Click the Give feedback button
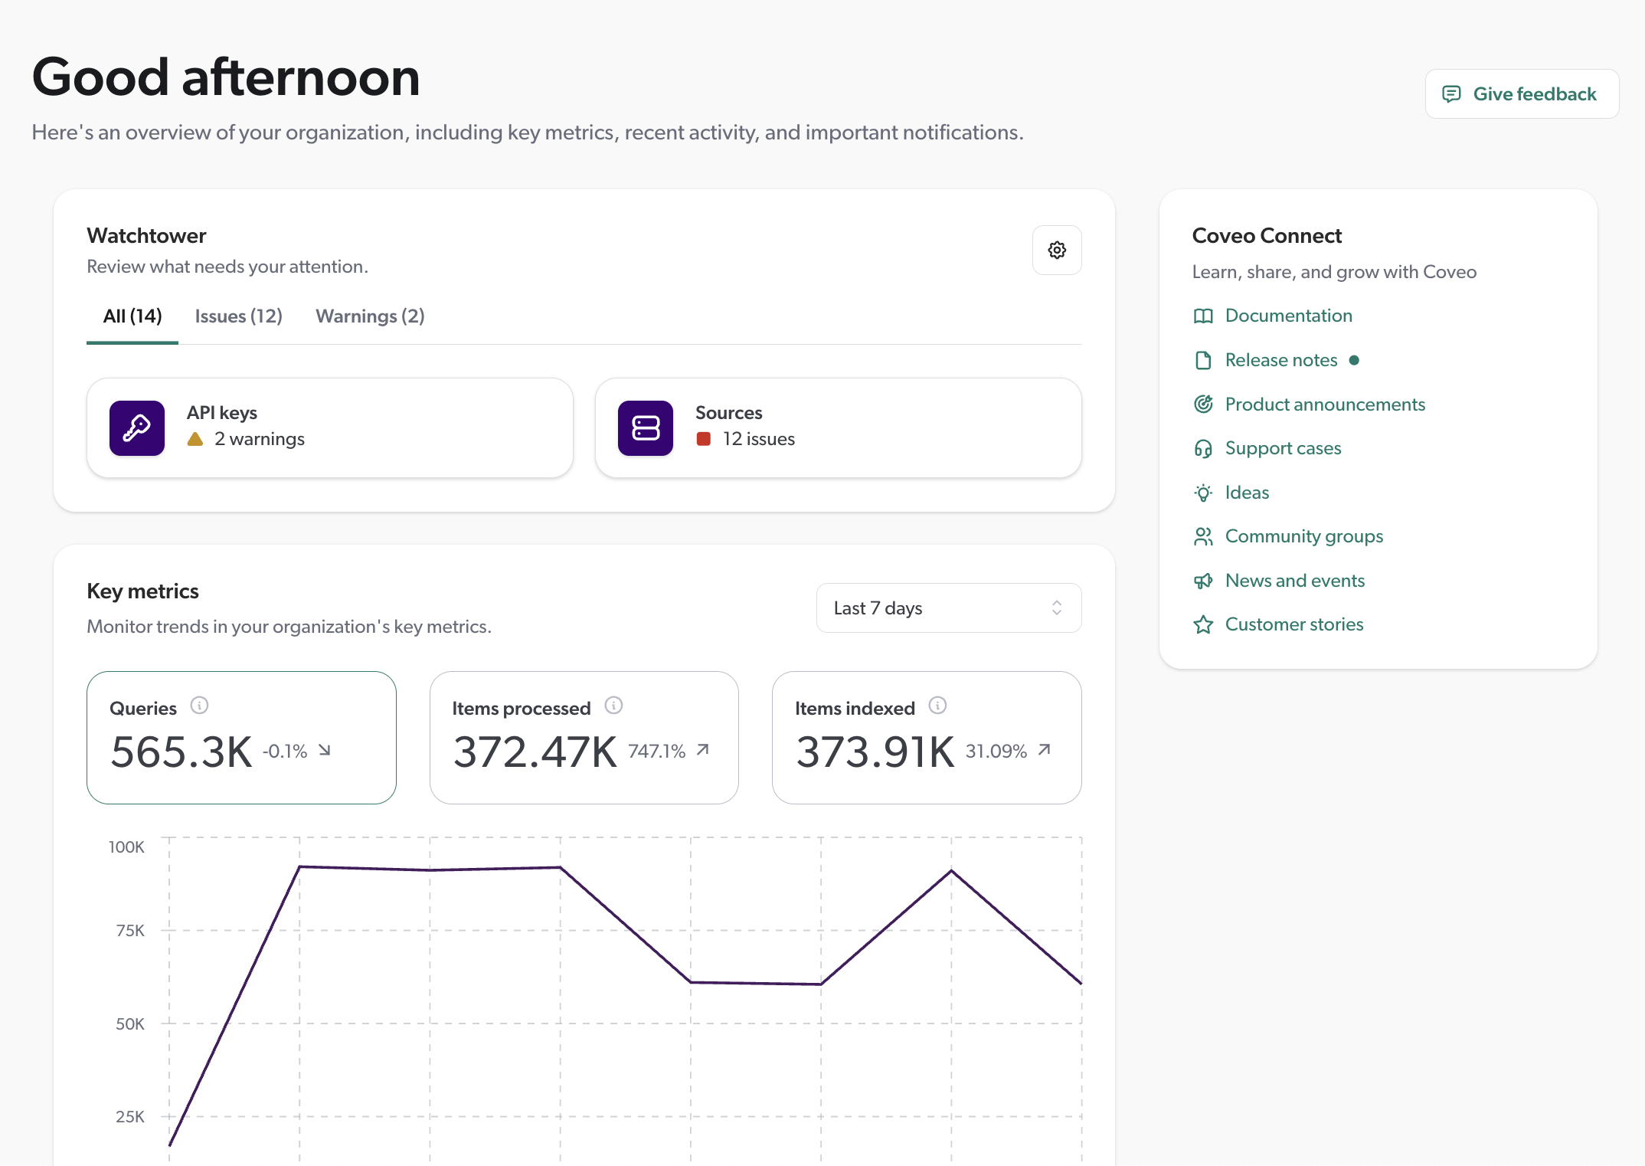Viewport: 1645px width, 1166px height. pyautogui.click(x=1521, y=94)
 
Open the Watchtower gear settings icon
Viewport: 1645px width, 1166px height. pyautogui.click(x=1057, y=251)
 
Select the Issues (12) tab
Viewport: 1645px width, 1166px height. pyautogui.click(x=238, y=316)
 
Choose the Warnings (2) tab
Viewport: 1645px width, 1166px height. pyautogui.click(x=370, y=316)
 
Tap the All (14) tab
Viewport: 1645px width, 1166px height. pyautogui.click(x=132, y=316)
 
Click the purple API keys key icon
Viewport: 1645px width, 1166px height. pyautogui.click(x=137, y=428)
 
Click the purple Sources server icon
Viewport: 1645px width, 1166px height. pyautogui.click(x=646, y=428)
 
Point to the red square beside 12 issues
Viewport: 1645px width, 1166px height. pyautogui.click(x=703, y=439)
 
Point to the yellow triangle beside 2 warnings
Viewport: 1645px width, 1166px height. pyautogui.click(x=195, y=439)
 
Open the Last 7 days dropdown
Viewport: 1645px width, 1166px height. pyautogui.click(x=948, y=608)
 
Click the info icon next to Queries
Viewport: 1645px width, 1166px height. pyautogui.click(x=199, y=706)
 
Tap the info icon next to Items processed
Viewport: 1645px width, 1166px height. pyautogui.click(x=613, y=706)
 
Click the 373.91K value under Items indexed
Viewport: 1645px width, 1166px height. pyautogui.click(x=875, y=752)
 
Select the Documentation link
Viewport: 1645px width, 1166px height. pyautogui.click(x=1288, y=316)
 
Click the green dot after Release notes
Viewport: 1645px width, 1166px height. pyautogui.click(x=1354, y=360)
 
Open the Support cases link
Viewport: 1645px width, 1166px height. pyautogui.click(x=1283, y=448)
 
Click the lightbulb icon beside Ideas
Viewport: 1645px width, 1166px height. pyautogui.click(x=1203, y=493)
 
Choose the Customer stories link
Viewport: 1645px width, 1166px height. pyautogui.click(x=1293, y=624)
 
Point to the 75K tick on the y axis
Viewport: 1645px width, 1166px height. pyautogui.click(x=130, y=931)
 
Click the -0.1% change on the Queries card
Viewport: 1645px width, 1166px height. pyautogui.click(x=285, y=752)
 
